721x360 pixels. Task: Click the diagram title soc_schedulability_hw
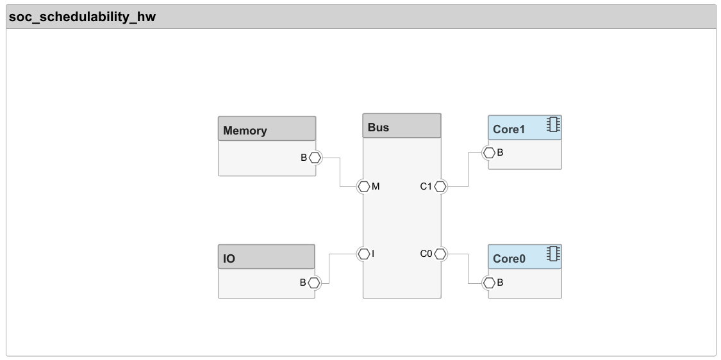[82, 17]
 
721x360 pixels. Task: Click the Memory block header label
[245, 131]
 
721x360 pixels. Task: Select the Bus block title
[378, 127]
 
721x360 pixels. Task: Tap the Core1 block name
[509, 129]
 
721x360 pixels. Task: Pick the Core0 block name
[509, 259]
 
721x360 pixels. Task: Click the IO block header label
[229, 259]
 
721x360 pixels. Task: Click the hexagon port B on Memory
[315, 157]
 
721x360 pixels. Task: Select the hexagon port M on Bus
[363, 186]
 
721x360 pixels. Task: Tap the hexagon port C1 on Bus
[440, 186]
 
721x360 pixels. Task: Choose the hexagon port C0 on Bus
[440, 254]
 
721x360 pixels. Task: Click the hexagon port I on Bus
[363, 254]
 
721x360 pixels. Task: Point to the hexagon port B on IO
[314, 282]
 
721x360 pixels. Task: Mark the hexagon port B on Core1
[489, 152]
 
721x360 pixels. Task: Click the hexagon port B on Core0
[489, 282]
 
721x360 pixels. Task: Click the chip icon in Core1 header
[553, 125]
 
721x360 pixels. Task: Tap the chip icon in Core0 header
[553, 254]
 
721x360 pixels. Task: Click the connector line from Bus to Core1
[468, 170]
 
